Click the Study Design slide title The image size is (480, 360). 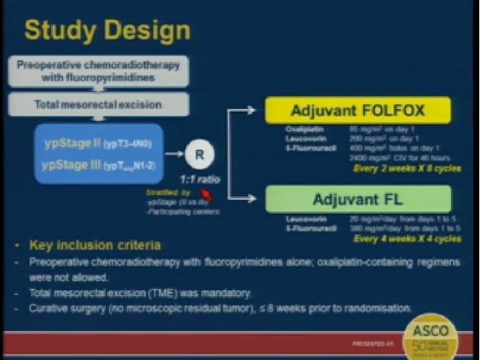coord(107,31)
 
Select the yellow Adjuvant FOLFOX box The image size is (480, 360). coord(358,111)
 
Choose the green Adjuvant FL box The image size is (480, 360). coord(358,199)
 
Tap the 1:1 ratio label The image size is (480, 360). coord(199,180)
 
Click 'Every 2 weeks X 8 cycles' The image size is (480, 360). coord(407,169)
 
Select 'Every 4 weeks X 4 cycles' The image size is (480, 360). coord(407,238)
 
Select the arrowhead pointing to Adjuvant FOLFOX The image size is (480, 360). coord(251,110)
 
